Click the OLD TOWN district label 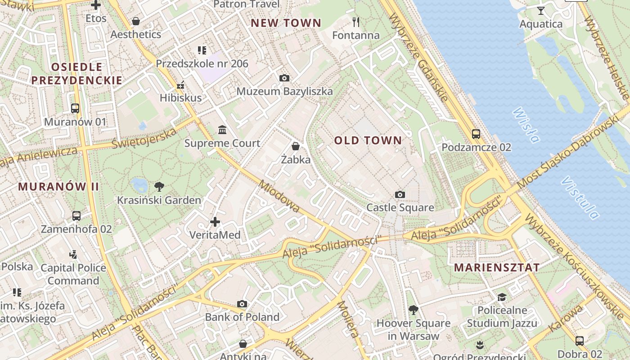tap(368, 140)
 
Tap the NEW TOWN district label tap(286, 23)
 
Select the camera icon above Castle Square tap(400, 194)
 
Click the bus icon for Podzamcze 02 tap(476, 134)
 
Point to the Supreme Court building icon tap(222, 130)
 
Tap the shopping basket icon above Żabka tap(296, 146)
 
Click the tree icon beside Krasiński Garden tap(159, 186)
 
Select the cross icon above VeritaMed tap(215, 221)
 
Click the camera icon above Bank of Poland tap(242, 304)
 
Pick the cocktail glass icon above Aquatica tap(541, 10)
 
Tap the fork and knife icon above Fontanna tap(356, 21)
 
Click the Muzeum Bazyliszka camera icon tap(284, 78)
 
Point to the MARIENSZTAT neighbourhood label tap(496, 267)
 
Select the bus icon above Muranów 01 tap(75, 108)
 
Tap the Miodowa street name tap(279, 197)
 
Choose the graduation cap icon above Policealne tap(502, 297)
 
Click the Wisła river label tap(526, 125)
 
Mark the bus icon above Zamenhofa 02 tap(76, 216)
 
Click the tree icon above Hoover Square tap(413, 310)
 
